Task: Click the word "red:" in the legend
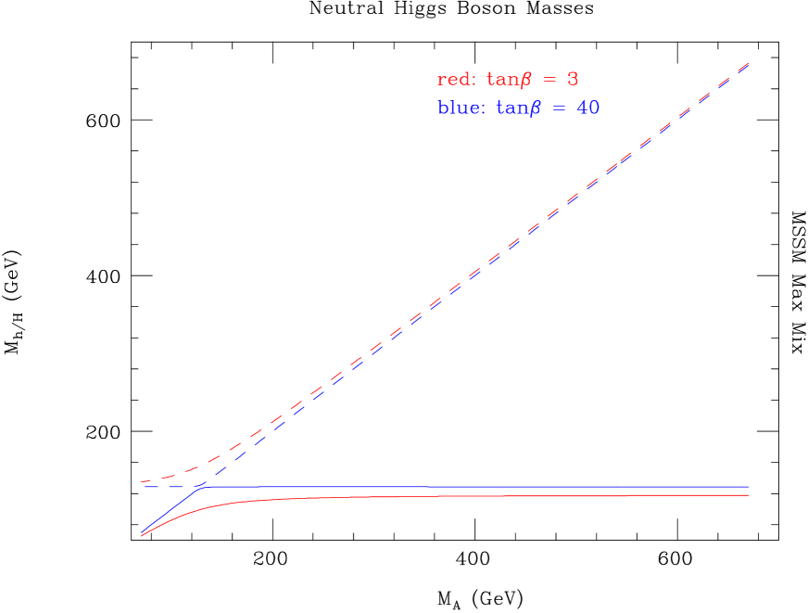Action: click(455, 80)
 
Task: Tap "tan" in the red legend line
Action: click(502, 80)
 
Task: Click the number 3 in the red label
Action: click(572, 80)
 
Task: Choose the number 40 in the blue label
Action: click(587, 109)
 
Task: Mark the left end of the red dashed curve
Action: click(142, 482)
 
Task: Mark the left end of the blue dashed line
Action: click(142, 487)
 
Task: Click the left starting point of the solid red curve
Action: click(142, 535)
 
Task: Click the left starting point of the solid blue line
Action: click(142, 533)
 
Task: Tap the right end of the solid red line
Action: click(748, 495)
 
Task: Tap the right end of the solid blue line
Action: click(748, 487)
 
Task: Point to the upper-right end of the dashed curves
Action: click(748, 63)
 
